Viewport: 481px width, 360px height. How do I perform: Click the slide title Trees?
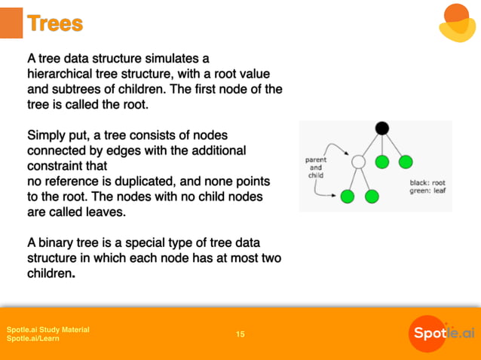(x=54, y=23)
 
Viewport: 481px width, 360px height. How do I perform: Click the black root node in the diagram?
(x=382, y=128)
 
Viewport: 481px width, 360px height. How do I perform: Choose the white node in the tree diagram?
(x=359, y=162)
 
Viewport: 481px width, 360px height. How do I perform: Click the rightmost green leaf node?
(x=406, y=161)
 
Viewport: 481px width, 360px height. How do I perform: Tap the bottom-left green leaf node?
(x=347, y=197)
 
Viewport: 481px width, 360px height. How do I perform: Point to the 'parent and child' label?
(x=315, y=168)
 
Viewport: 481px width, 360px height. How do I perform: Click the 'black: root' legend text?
(x=427, y=183)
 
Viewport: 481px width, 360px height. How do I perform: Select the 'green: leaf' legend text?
(x=427, y=191)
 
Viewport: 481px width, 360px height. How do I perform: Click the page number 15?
(x=240, y=334)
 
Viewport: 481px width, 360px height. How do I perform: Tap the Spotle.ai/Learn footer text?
(x=33, y=339)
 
